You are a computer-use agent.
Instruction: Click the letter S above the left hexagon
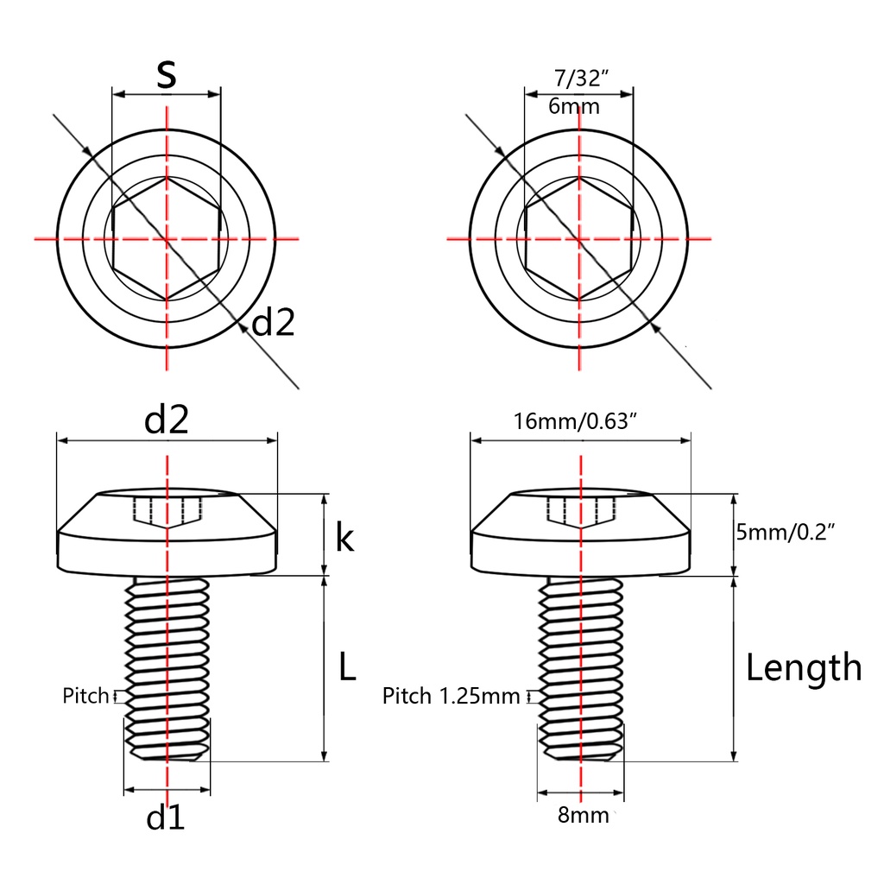point(167,74)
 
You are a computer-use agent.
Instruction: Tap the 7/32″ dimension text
point(581,79)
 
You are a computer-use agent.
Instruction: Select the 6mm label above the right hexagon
point(574,106)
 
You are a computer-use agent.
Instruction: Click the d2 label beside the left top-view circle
point(273,323)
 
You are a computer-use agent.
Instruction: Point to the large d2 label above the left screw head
point(167,420)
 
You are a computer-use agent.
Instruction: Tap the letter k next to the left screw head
point(344,537)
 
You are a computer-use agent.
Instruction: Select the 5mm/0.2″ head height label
point(786,532)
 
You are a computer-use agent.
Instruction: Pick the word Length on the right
point(804,669)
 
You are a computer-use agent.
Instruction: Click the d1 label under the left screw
point(165,818)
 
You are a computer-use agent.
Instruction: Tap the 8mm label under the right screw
point(584,815)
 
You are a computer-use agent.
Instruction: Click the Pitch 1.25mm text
point(451,697)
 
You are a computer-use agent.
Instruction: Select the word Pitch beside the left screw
point(85,696)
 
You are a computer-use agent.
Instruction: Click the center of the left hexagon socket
point(167,238)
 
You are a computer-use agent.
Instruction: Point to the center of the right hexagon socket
point(579,238)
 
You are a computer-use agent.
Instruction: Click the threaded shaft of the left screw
point(167,668)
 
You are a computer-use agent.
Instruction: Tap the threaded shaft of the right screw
point(581,668)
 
